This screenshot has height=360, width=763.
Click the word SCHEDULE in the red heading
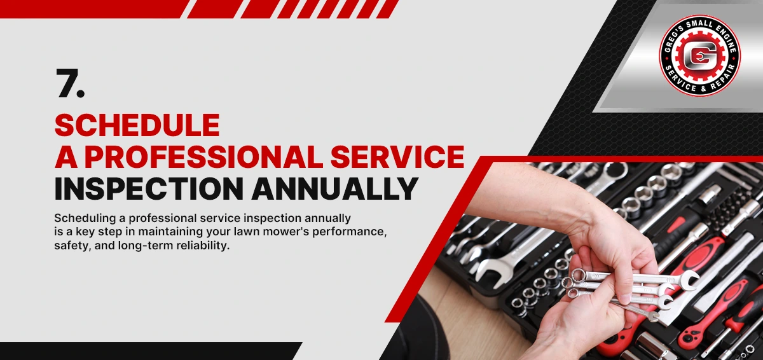click(137, 125)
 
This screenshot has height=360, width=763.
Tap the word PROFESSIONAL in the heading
click(203, 156)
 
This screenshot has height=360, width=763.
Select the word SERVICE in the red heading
click(397, 156)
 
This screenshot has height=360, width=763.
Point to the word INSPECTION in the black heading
click(149, 189)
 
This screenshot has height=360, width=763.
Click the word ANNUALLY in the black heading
click(335, 189)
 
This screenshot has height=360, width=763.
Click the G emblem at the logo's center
click(699, 56)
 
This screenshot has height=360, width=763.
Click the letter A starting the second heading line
click(65, 156)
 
